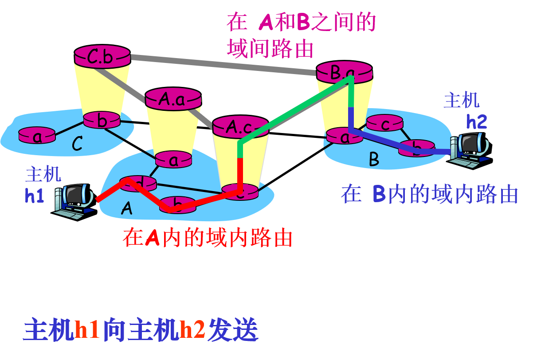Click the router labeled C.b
pyautogui.click(x=102, y=57)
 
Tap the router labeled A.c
pyautogui.click(x=240, y=127)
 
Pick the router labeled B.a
pyautogui.click(x=344, y=72)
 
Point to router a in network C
pyautogui.click(x=37, y=135)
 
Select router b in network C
pyautogui.click(x=102, y=120)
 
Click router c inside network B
pyautogui.click(x=384, y=123)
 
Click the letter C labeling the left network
pyautogui.click(x=78, y=144)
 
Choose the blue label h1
pyautogui.click(x=35, y=196)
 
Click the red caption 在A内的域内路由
pyautogui.click(x=208, y=238)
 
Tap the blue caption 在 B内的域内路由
pyautogui.click(x=429, y=194)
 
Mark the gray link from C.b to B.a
pyautogui.click(x=222, y=65)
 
